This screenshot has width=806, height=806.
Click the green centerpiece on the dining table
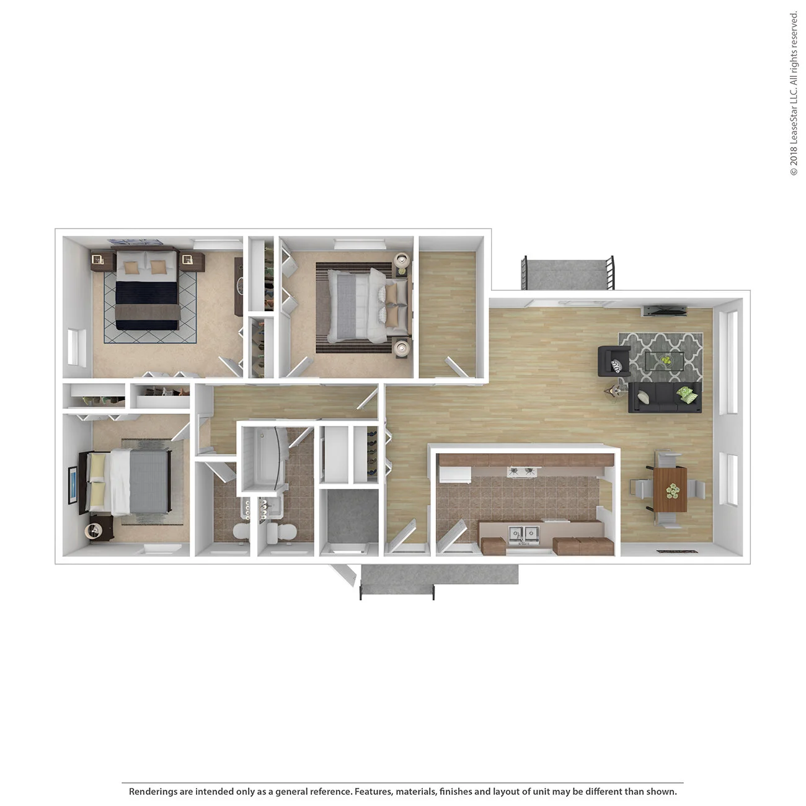[673, 491]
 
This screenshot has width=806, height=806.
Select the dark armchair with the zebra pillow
[613, 362]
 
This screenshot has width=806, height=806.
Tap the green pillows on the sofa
[686, 394]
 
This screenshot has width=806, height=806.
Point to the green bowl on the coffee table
[665, 360]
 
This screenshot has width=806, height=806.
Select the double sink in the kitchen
[523, 534]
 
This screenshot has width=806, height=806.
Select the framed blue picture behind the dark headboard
[73, 485]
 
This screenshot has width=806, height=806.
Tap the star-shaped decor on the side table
[616, 391]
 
